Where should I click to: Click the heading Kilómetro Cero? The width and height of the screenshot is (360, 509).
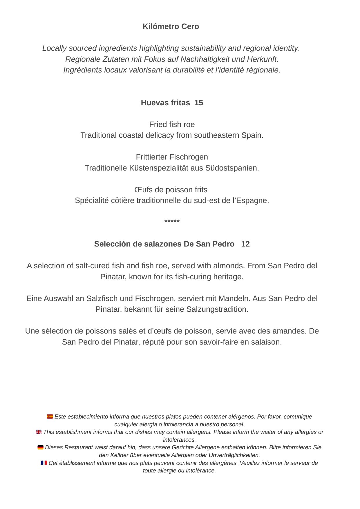[171, 26]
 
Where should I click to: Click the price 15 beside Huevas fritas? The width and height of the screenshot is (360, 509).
[199, 103]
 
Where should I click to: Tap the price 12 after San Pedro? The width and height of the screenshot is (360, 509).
[245, 244]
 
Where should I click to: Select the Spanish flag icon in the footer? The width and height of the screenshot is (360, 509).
[50, 416]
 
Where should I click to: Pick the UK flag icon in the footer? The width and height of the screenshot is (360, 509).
[39, 432]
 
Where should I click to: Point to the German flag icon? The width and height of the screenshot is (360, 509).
[40, 447]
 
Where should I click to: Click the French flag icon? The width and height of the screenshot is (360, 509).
[44, 463]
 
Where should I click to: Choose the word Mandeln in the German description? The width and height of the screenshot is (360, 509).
[235, 298]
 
